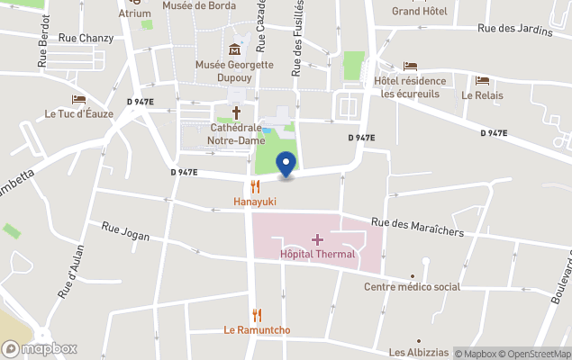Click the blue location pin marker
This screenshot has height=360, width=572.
click(x=286, y=165)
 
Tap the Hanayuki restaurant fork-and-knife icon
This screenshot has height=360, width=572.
click(x=256, y=187)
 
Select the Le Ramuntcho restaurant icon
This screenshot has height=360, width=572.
click(x=257, y=315)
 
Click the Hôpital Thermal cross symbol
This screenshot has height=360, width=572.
click(x=316, y=239)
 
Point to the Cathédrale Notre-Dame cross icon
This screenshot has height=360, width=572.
click(x=237, y=112)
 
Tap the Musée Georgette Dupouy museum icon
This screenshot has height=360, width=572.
click(x=235, y=49)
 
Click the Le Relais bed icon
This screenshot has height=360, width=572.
click(x=482, y=80)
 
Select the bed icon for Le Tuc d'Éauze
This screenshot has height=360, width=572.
click(x=78, y=99)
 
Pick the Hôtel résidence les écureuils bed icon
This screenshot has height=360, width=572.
click(x=411, y=66)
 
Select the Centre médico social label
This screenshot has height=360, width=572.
click(x=412, y=286)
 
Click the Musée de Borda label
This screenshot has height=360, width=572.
click(x=199, y=5)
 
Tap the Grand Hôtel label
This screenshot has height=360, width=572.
click(x=418, y=12)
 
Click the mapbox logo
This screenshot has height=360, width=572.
click(x=40, y=348)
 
